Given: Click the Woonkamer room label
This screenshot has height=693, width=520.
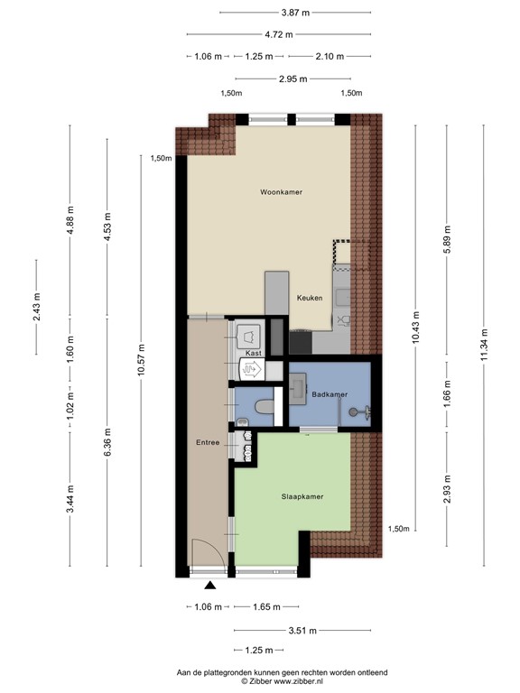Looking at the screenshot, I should coord(281,193).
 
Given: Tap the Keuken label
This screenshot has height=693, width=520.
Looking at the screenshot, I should coord(310,298).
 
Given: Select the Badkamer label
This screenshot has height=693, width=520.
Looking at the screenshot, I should coord(330,395).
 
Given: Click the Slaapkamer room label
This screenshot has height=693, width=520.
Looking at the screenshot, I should coord(302,496).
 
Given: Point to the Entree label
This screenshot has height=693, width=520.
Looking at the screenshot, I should coord(208,442).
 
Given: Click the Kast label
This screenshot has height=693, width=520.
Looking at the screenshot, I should coord(254,353).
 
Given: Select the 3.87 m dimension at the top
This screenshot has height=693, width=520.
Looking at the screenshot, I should coord(294,13).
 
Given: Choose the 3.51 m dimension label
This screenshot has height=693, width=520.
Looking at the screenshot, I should coord(302,631).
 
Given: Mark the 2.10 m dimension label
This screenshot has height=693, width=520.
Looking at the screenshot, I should coord(330,56).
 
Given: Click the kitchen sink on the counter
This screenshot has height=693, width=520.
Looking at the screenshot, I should coord(341,295).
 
